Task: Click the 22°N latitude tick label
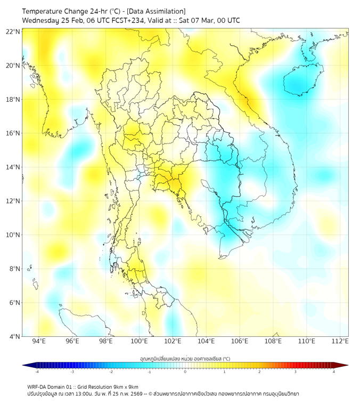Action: pyautogui.click(x=13, y=31)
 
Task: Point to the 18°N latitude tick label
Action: pyautogui.click(x=13, y=99)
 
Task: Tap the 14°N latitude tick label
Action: pyautogui.click(x=13, y=167)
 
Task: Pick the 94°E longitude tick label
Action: pyautogui.click(x=39, y=341)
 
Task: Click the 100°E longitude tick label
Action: pyautogui.click(x=139, y=341)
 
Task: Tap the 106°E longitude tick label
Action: pyautogui.click(x=240, y=341)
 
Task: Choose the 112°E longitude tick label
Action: pyautogui.click(x=340, y=341)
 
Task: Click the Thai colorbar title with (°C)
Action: pyautogui.click(x=185, y=358)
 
